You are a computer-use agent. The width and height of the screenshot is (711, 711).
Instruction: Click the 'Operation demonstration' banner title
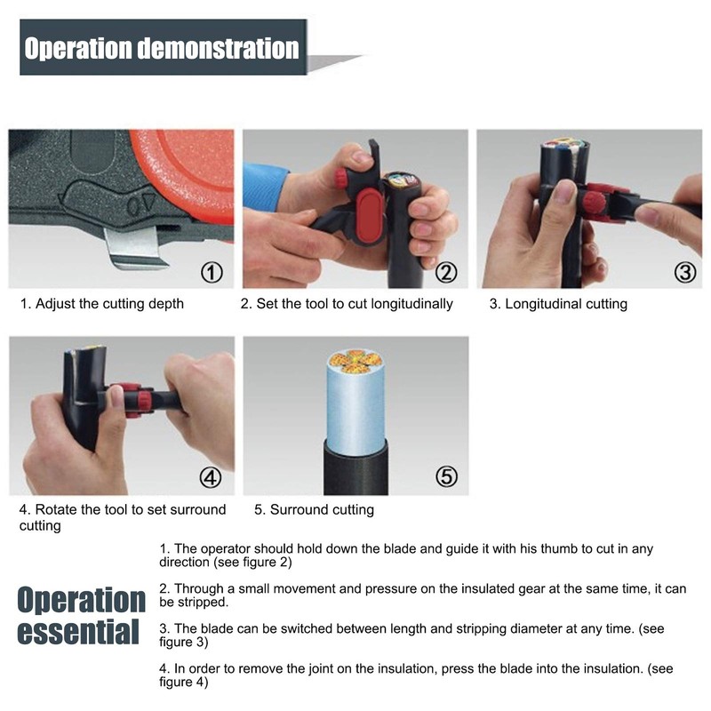(x=161, y=47)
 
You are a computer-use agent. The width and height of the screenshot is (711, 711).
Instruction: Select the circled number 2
(x=446, y=272)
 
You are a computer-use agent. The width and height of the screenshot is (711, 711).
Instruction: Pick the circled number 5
(x=446, y=478)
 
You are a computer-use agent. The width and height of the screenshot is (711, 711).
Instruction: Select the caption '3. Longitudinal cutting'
(x=558, y=304)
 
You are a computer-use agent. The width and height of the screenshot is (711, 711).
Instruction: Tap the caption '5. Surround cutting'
(x=314, y=510)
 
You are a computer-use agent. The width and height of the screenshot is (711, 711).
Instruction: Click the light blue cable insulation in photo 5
(x=355, y=409)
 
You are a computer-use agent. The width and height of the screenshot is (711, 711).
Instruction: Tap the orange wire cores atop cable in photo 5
(x=355, y=361)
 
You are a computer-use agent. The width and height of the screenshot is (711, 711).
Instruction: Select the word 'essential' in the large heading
(x=80, y=633)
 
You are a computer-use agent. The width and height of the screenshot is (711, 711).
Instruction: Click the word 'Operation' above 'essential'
(x=82, y=600)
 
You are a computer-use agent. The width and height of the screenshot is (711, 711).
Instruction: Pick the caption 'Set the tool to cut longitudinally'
(x=347, y=304)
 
